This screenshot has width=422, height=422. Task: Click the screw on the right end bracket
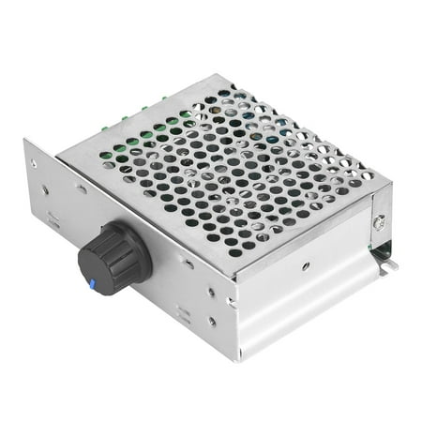pos(378,222)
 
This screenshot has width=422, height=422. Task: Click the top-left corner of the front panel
pos(25,140)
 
